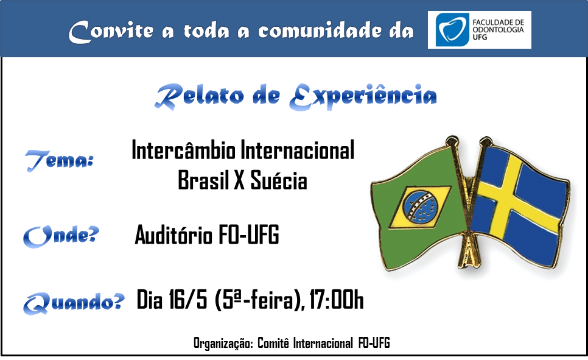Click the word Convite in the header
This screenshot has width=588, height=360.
tap(111, 31)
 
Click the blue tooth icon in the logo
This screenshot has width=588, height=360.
tap(452, 30)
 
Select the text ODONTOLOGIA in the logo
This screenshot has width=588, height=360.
tap(498, 30)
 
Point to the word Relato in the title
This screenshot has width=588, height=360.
tap(199, 96)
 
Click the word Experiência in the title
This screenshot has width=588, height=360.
tap(363, 96)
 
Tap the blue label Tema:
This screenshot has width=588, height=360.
tap(59, 161)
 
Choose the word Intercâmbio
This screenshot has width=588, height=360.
tap(184, 150)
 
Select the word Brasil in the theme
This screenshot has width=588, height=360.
tap(203, 180)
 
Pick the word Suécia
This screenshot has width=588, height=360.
tap(279, 180)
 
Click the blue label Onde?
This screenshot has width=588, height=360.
tap(61, 236)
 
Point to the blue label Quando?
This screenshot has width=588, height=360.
tap(74, 302)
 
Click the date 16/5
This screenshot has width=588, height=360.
tap(188, 300)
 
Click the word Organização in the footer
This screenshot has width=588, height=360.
tap(223, 343)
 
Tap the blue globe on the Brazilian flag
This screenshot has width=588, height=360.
tap(421, 207)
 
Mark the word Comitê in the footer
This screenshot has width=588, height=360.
tap(273, 343)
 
